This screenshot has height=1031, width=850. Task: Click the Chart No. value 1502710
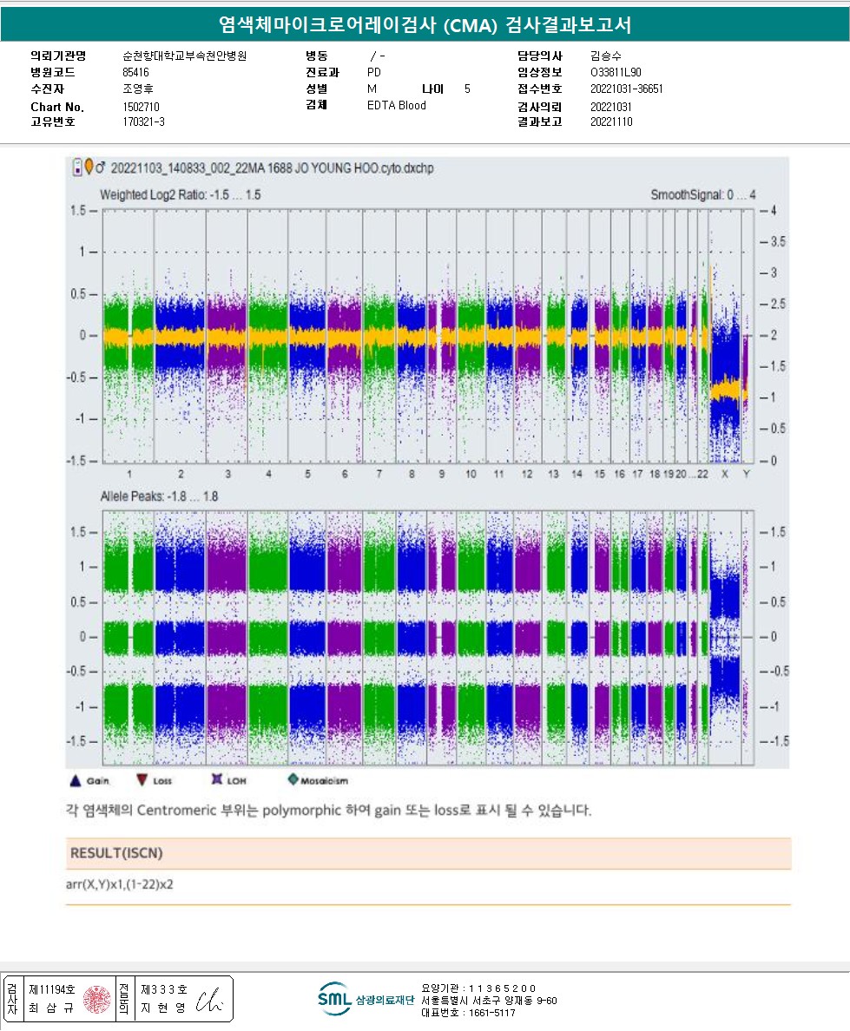click(142, 106)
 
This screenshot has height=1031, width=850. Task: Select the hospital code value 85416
click(136, 73)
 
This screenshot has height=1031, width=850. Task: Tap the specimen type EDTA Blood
click(397, 106)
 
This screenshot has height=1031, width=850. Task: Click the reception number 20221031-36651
click(627, 89)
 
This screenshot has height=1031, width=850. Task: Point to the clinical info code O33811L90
click(616, 73)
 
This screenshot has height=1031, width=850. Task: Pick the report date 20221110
click(611, 122)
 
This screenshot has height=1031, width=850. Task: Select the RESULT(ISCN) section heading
click(116, 853)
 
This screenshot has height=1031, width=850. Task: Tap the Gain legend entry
click(90, 780)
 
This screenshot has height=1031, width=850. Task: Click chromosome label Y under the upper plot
click(746, 475)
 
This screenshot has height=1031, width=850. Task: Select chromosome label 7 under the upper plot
click(379, 475)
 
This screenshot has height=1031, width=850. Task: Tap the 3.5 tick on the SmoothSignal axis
click(773, 242)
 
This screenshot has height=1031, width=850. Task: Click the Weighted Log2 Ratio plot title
click(180, 195)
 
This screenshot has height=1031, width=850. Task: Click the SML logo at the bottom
click(333, 999)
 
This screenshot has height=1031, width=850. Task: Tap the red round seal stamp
click(98, 999)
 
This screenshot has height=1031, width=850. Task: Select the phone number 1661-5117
click(491, 1012)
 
